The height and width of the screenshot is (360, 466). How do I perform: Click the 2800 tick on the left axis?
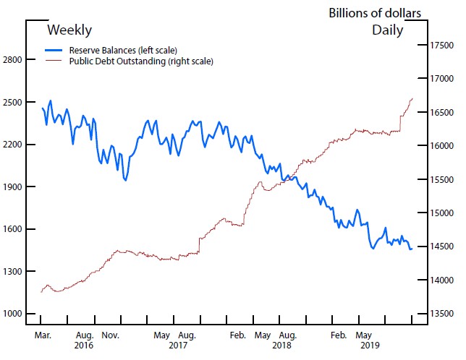click(x=14, y=59)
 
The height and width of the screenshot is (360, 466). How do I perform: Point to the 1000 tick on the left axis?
click(x=14, y=314)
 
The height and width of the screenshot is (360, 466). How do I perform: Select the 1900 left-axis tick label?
click(x=14, y=187)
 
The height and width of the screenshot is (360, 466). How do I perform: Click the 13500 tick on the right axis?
click(x=440, y=314)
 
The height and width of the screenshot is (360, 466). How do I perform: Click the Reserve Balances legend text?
click(x=123, y=51)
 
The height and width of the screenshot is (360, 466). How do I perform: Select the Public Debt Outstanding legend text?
click(x=141, y=61)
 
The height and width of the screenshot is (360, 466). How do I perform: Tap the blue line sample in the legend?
click(x=54, y=51)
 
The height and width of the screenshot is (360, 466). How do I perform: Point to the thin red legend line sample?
click(x=54, y=61)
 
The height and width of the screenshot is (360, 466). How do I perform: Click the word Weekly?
click(x=69, y=30)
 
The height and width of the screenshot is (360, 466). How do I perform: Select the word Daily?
click(x=387, y=30)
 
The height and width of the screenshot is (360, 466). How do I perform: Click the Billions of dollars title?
click(x=374, y=13)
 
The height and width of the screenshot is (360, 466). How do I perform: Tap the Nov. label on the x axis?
click(x=110, y=335)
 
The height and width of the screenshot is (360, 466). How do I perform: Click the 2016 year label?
click(x=85, y=346)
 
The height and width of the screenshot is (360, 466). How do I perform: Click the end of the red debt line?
click(x=412, y=98)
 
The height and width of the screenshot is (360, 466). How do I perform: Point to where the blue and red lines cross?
click(x=283, y=179)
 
